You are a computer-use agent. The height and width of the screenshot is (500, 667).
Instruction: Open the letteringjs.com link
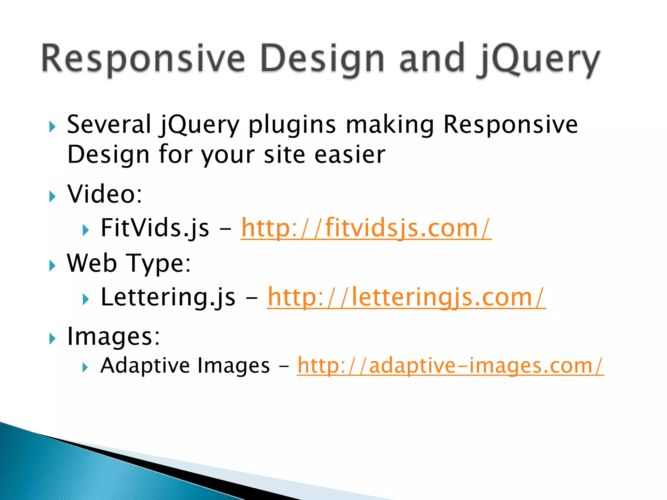(406, 297)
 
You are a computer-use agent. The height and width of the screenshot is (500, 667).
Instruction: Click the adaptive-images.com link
(450, 366)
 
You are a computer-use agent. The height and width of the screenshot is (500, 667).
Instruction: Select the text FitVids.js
(155, 228)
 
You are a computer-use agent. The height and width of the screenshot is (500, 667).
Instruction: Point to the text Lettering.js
(168, 297)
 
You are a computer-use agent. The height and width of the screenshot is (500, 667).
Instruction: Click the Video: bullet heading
(105, 194)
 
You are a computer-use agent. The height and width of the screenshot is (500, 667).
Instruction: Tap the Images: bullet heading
(113, 337)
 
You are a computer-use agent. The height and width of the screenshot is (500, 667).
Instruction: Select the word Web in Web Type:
(92, 263)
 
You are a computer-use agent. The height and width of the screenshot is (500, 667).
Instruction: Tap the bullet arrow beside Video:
(52, 196)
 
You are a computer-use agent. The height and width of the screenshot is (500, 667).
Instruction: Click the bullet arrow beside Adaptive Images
(85, 368)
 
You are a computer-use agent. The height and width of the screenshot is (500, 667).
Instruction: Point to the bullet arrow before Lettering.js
(86, 299)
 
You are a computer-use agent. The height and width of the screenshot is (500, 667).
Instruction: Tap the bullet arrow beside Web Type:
(52, 266)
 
